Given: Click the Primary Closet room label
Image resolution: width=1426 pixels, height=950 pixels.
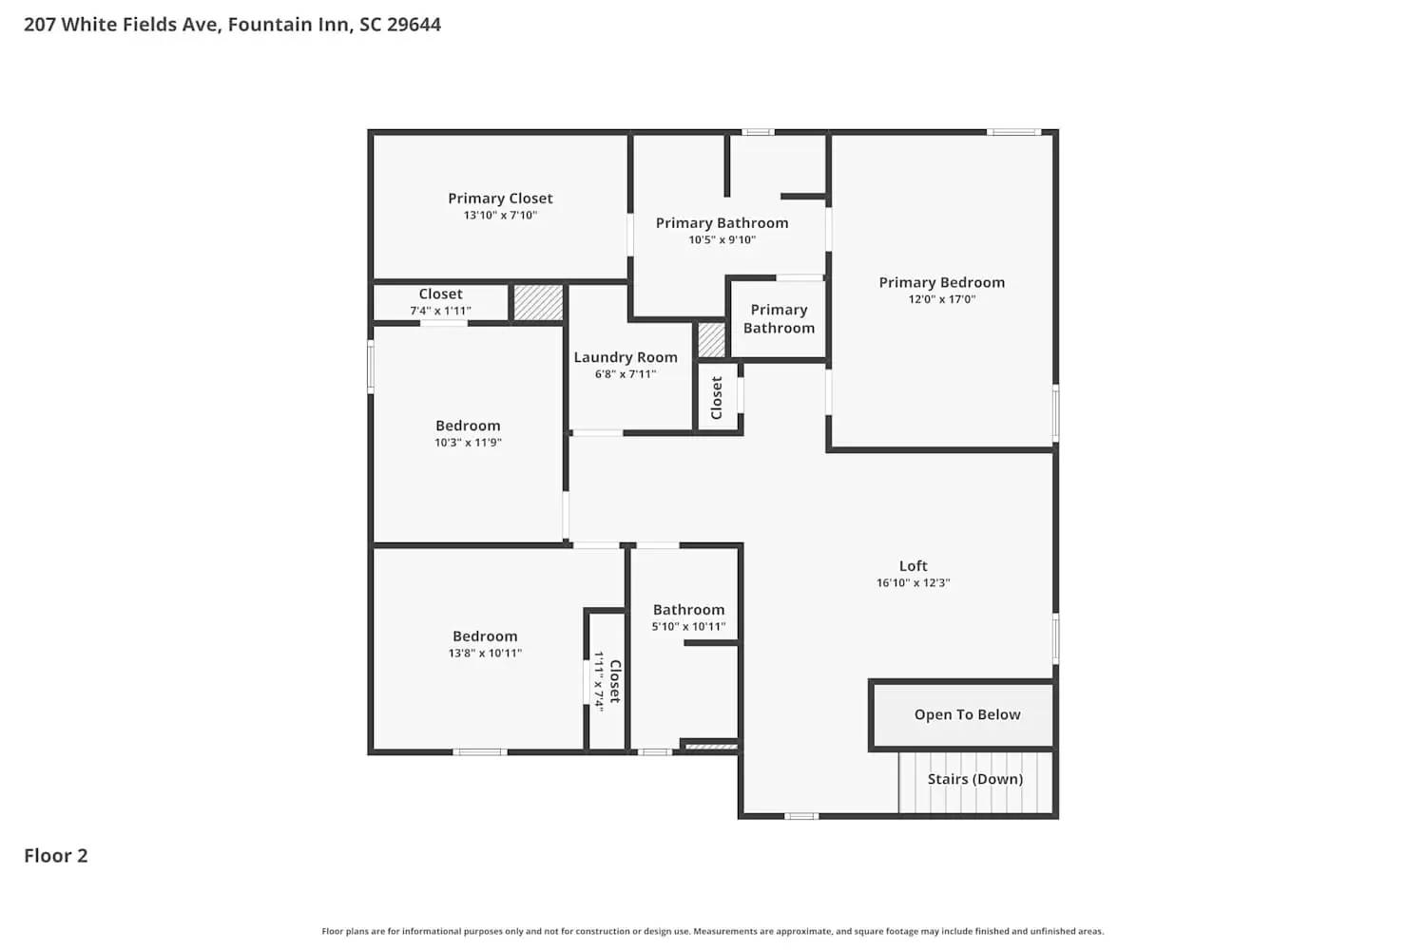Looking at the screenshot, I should click(500, 199).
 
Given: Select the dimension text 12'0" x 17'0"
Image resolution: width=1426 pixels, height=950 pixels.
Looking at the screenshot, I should click(941, 299).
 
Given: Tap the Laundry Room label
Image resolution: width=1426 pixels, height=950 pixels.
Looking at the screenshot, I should click(626, 357).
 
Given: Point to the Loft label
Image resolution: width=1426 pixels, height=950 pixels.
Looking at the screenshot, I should click(913, 566).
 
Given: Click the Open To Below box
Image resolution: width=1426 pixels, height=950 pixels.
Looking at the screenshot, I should click(966, 715).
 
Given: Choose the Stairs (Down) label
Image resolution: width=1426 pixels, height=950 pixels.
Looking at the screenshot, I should click(974, 779).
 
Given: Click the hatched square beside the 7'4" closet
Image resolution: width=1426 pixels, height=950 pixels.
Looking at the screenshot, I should click(538, 303).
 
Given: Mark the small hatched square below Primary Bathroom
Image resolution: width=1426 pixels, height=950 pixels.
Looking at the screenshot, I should click(711, 340).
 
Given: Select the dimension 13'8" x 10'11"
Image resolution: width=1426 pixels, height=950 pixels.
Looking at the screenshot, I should click(485, 654).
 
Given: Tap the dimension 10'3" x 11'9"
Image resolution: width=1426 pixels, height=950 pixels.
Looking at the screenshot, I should click(468, 443).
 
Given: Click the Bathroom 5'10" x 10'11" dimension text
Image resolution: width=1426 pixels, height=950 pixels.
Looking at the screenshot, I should click(688, 627).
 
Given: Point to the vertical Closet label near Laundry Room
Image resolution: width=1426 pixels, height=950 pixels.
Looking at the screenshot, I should click(717, 398).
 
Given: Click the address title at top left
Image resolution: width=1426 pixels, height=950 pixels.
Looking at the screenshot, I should click(232, 25).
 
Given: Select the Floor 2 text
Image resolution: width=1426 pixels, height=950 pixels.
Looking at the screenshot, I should click(55, 856).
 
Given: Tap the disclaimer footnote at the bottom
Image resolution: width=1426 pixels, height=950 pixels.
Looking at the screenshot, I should click(713, 932).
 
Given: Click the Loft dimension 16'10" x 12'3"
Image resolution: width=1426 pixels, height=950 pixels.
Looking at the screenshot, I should click(913, 583).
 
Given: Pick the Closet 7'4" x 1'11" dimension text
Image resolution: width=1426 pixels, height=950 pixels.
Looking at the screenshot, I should click(440, 311).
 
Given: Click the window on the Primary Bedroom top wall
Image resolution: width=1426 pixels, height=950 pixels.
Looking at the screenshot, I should click(1013, 132).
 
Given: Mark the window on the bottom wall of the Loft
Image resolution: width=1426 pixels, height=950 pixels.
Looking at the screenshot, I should click(800, 816).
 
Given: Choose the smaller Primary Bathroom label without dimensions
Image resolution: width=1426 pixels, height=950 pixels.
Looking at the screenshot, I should click(779, 319).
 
